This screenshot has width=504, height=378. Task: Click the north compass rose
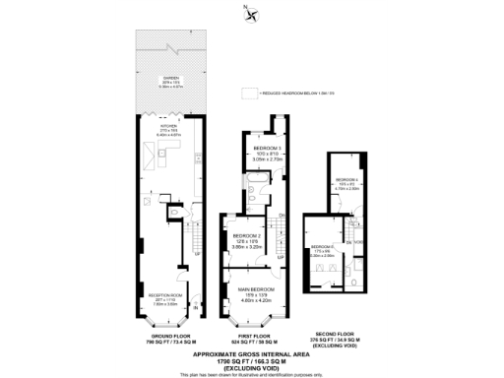[x=251, y=14]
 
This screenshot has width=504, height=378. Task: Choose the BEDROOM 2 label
[x=246, y=237]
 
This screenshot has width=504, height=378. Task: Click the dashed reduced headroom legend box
[x=247, y=94]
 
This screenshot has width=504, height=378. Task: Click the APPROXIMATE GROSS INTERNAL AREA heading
[x=251, y=352]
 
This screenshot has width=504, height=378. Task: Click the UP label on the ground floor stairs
[x=197, y=251]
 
